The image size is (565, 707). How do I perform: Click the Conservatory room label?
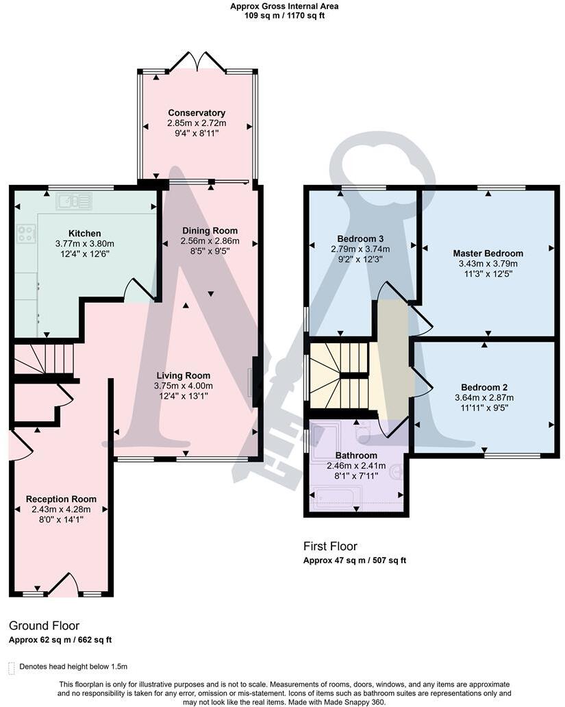(197, 113)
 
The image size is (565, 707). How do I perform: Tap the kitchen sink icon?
(74, 201)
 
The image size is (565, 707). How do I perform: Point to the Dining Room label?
(210, 231)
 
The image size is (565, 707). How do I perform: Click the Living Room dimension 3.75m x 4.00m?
(183, 386)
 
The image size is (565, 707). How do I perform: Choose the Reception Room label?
(61, 499)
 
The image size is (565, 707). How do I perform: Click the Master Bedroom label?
(488, 253)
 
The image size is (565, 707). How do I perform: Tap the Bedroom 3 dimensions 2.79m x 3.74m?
(360, 249)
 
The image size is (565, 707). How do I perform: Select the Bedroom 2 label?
(484, 387)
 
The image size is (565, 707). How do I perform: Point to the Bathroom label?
(356, 456)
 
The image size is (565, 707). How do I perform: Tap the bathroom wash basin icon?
(397, 472)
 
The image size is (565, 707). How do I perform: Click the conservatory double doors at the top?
(197, 62)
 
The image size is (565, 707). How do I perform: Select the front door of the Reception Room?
(63, 584)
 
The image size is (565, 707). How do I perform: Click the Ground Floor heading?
(45, 626)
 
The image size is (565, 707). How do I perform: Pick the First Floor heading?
(330, 547)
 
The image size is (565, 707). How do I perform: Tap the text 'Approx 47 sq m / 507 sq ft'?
(355, 560)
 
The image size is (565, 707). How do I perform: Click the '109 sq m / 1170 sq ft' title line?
(284, 16)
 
